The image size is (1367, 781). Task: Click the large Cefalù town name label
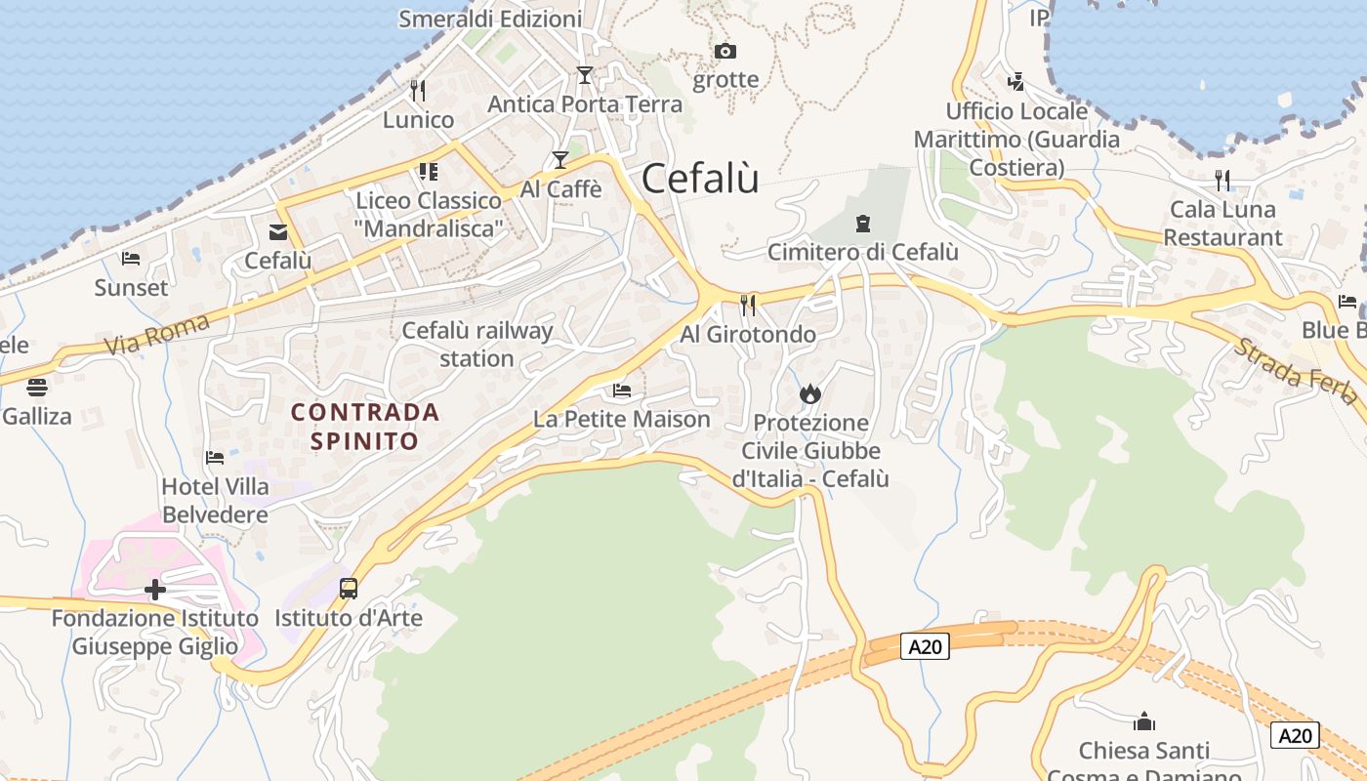point(700,179)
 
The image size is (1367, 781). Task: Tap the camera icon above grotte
point(725,51)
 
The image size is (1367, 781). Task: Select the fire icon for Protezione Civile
point(809,393)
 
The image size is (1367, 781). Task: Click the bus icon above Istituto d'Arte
point(349,589)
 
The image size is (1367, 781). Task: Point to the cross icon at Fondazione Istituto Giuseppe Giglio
point(154,590)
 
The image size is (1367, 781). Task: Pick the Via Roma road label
point(156,333)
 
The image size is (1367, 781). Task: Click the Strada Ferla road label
point(1295,370)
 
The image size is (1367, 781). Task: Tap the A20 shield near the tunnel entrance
point(924,646)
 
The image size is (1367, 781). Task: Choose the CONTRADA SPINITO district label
point(365,427)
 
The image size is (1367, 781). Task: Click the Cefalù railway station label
point(477,344)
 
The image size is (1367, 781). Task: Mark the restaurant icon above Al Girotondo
point(748,306)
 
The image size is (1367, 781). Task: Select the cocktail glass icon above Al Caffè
point(559,159)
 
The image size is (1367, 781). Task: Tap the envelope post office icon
point(278,231)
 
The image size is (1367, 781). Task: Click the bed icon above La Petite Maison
point(621,390)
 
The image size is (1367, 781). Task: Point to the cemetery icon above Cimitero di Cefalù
point(862,224)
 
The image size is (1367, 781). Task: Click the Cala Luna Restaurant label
point(1222,224)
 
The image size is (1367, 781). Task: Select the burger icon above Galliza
point(37,387)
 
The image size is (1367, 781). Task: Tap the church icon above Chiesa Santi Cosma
point(1143,722)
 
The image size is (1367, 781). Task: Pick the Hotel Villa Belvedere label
point(215,500)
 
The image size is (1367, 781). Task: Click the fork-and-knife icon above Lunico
point(418,91)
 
